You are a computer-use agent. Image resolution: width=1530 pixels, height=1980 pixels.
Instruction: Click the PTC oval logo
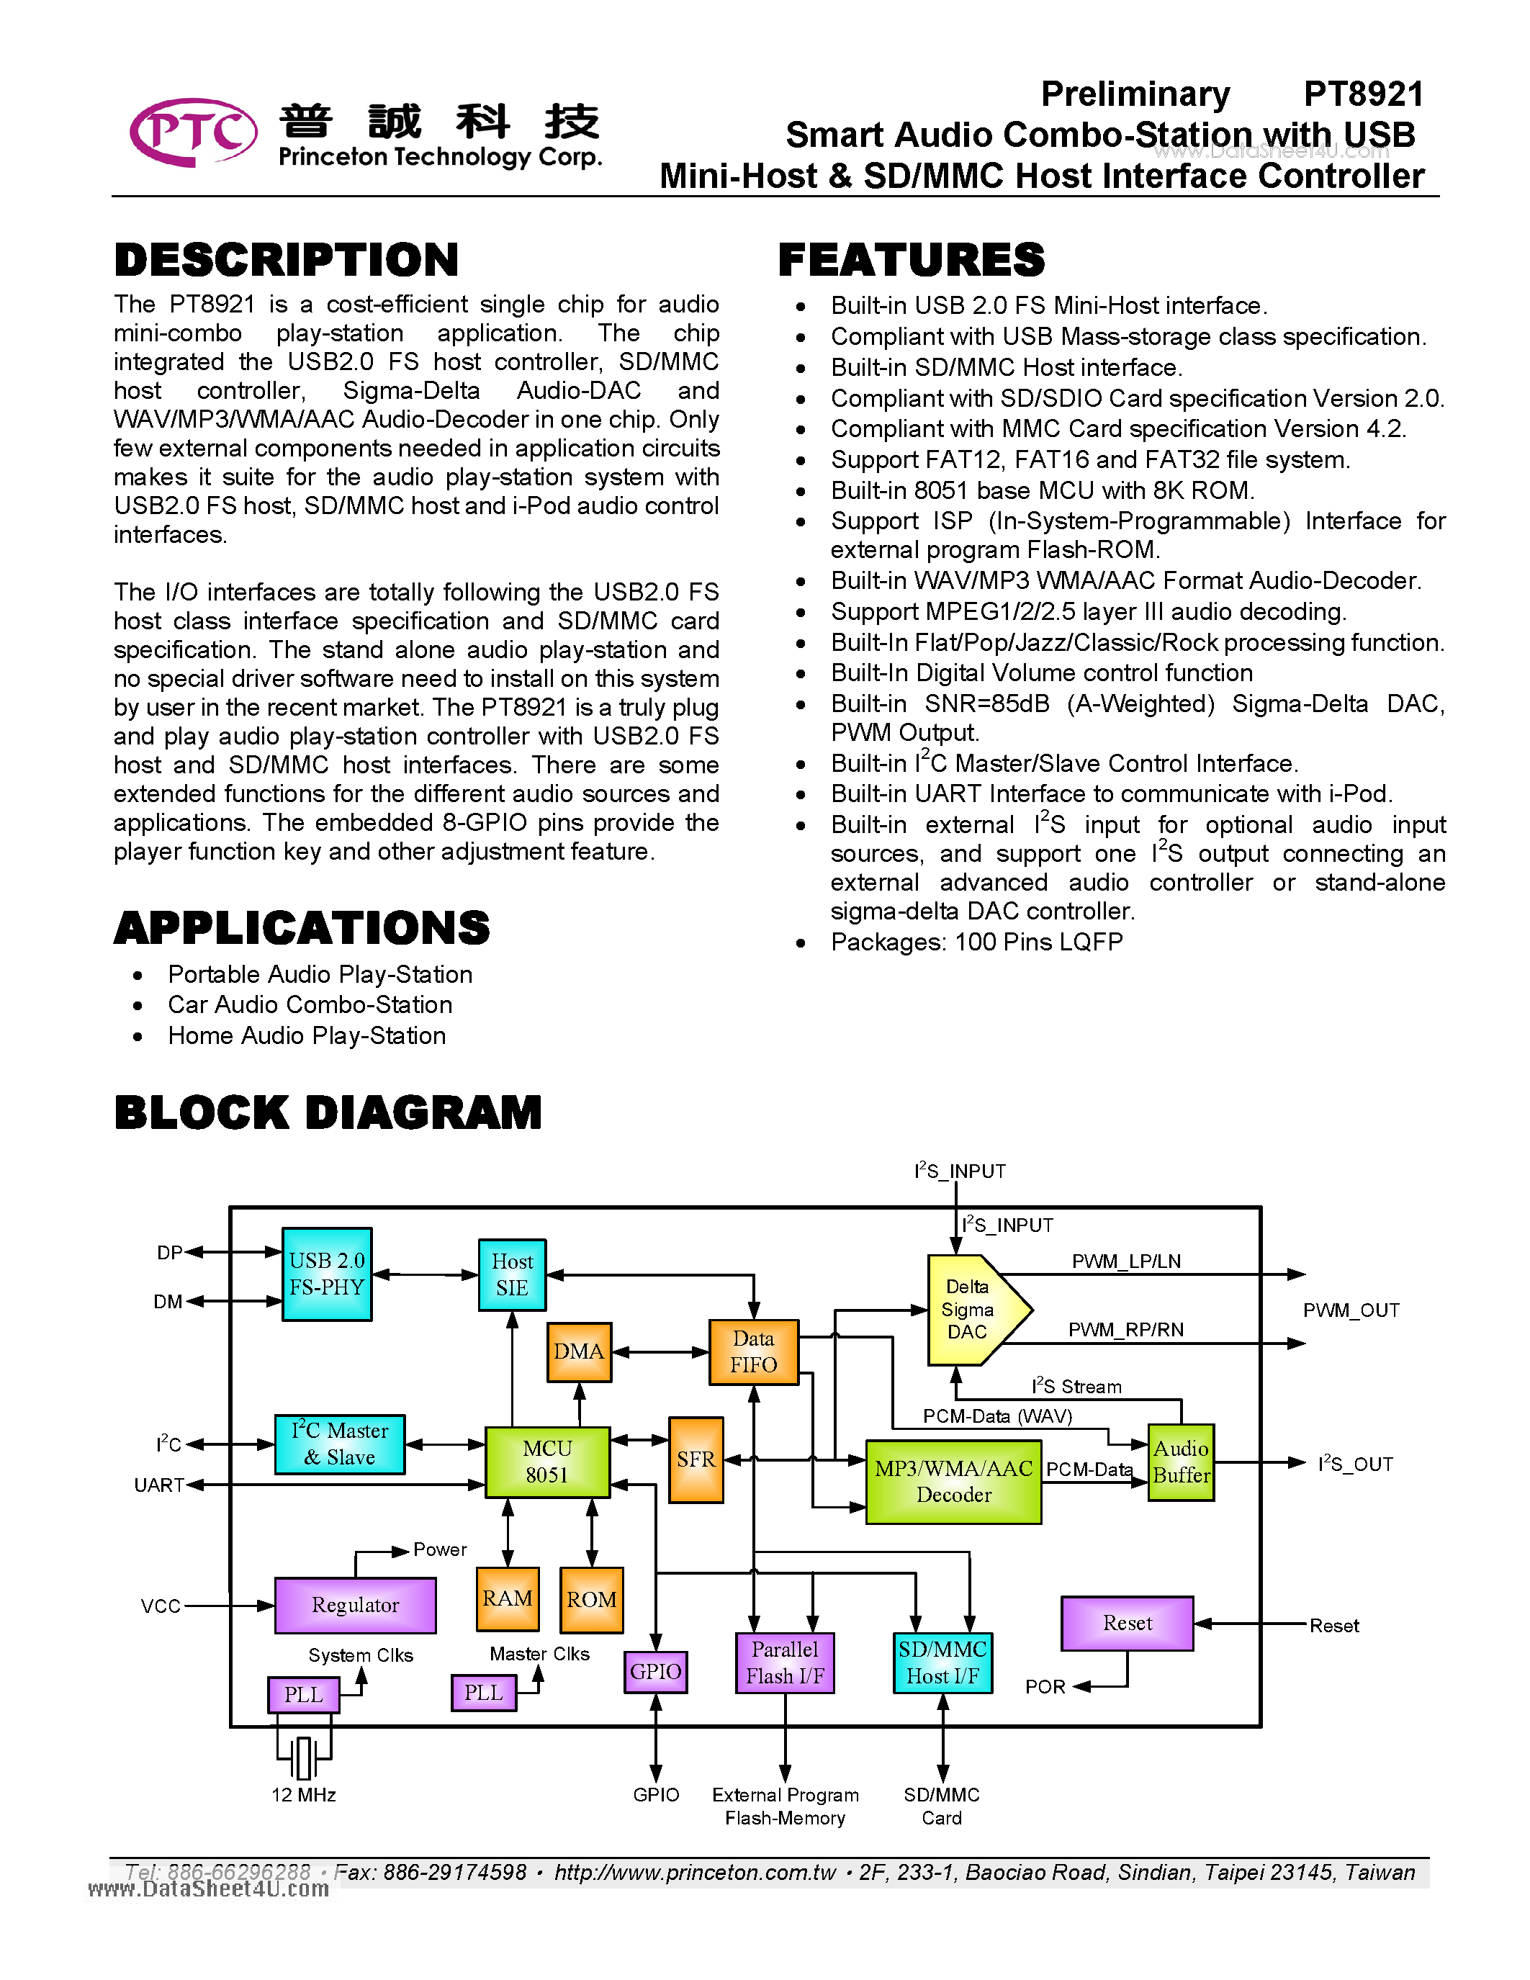pos(194,132)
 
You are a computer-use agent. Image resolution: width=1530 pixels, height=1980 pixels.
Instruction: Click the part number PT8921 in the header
pos(1363,94)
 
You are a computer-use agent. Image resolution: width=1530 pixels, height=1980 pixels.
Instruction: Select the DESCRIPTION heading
pos(287,260)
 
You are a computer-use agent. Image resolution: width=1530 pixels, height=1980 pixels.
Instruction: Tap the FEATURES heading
pos(911,260)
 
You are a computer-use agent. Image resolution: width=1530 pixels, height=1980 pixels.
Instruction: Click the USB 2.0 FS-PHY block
pos(327,1274)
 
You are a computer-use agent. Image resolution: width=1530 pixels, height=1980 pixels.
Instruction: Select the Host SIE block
pos(512,1274)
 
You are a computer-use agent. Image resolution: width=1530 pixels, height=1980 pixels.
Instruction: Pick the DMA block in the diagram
pos(579,1351)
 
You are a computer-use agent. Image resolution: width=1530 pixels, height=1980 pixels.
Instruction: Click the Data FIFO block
pos(753,1351)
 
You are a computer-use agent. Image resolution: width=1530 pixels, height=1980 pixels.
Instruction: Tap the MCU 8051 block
pos(547,1462)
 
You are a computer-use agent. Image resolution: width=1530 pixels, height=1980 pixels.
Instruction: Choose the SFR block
pos(696,1459)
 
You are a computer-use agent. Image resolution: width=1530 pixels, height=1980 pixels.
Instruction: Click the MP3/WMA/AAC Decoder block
pos(953,1481)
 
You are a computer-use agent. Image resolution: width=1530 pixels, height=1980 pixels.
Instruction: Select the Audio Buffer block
pos(1181,1462)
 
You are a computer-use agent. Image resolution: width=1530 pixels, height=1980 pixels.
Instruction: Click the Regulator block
pos(355,1605)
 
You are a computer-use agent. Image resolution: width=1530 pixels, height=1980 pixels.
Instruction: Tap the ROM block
pos(592,1599)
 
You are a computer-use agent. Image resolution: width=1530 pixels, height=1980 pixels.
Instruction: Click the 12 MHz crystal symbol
pos(304,1757)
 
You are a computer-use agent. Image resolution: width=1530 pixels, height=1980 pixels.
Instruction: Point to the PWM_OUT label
pos(1351,1310)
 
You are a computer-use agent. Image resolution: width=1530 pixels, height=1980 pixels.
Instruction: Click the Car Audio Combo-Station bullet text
pos(310,1004)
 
